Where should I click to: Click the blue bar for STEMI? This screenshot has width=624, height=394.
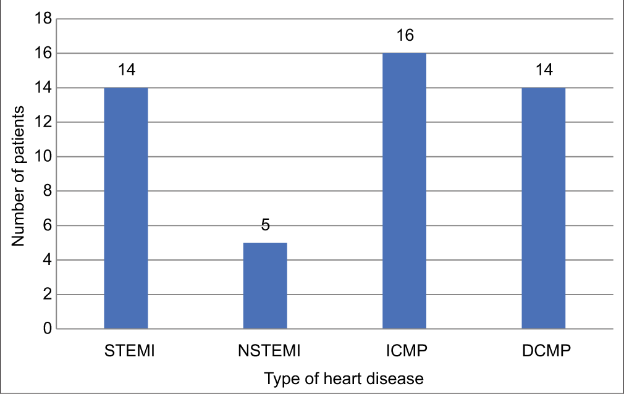coord(126,208)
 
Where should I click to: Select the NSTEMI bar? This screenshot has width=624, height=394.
coord(265,285)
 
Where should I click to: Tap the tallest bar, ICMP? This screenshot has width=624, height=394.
coord(404,191)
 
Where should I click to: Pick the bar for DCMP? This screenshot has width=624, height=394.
coord(543,208)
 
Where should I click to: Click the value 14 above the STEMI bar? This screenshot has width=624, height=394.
coord(126,70)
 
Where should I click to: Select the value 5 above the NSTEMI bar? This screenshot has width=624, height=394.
coord(265,225)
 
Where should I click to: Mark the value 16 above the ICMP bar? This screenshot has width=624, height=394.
coord(404,36)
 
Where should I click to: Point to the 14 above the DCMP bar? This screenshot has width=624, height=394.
coord(543,70)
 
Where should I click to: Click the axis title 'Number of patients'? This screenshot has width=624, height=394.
coord(19,175)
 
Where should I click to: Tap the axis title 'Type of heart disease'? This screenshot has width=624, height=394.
coord(344,378)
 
